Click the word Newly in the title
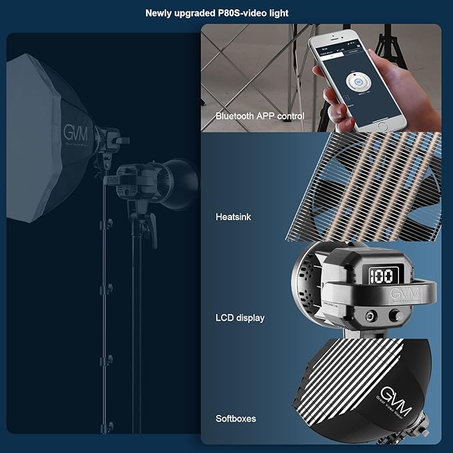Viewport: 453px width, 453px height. click(x=160, y=12)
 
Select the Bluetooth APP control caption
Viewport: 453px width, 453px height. click(x=260, y=116)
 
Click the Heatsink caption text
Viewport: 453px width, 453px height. click(x=234, y=217)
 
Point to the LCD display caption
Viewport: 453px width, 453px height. click(x=240, y=318)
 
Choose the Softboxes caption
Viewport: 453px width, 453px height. click(x=236, y=419)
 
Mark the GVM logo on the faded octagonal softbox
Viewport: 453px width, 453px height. click(x=75, y=132)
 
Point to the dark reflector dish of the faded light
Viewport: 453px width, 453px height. click(x=179, y=180)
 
